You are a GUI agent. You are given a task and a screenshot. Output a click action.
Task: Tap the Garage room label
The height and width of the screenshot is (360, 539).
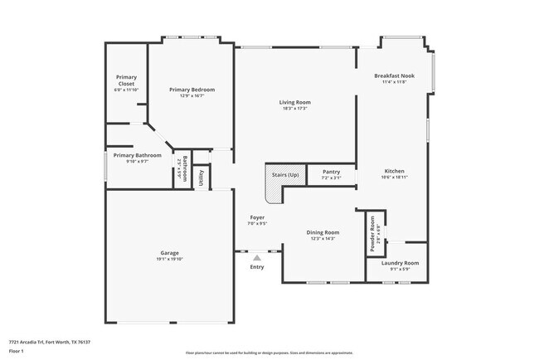click(x=169, y=252)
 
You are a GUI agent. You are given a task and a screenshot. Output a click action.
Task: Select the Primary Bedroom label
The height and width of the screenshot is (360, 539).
click(x=192, y=90)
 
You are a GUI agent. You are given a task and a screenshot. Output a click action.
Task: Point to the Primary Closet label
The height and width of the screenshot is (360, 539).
click(x=126, y=80)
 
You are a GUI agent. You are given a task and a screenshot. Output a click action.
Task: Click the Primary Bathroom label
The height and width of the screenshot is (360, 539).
click(x=137, y=155)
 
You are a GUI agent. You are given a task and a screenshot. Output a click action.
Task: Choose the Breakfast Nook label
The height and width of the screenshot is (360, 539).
click(x=394, y=75)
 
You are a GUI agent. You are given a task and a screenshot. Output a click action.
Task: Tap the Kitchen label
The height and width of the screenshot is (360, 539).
click(x=394, y=171)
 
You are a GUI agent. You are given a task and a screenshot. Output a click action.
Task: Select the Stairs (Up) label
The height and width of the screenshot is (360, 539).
click(x=281, y=175)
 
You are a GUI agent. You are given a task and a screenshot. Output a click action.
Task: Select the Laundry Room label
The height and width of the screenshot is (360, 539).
click(x=400, y=263)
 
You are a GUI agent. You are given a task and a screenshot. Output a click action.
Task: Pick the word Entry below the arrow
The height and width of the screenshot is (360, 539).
click(x=257, y=267)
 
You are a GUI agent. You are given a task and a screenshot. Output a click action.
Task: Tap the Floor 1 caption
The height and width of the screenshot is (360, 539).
click(x=17, y=351)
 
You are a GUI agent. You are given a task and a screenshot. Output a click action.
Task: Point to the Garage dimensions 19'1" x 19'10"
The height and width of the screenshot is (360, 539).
click(x=169, y=259)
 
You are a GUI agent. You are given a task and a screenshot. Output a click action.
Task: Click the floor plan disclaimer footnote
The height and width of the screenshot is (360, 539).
click(x=269, y=353)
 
